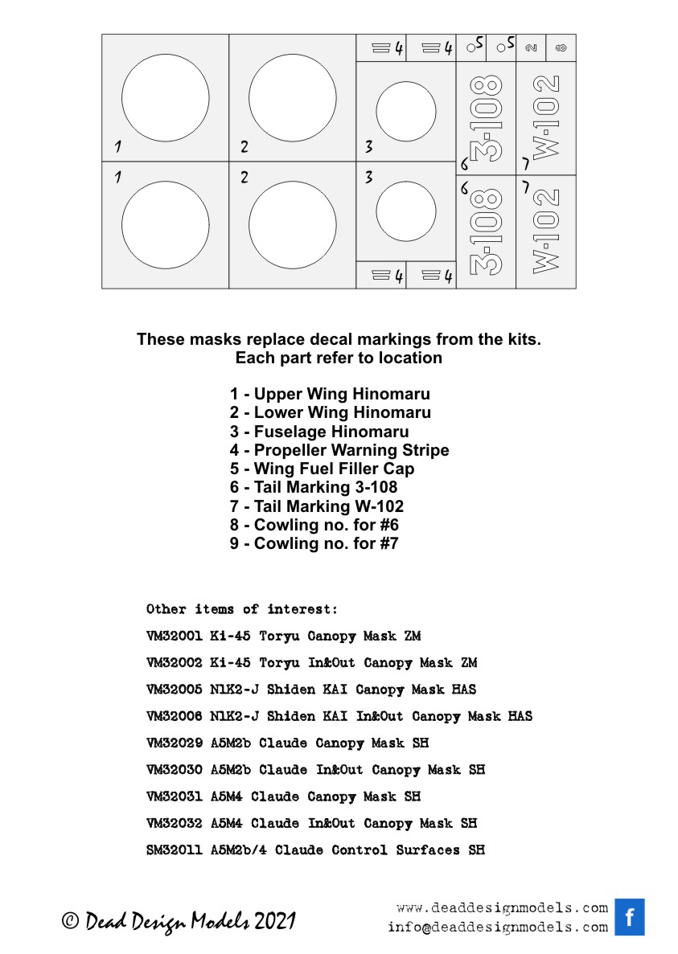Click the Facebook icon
(630, 917)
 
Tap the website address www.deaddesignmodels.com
(502, 908)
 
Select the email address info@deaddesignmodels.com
(497, 927)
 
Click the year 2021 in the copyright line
(275, 922)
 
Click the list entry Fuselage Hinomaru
(319, 432)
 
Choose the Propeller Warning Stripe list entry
(339, 450)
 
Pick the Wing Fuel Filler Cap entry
(323, 469)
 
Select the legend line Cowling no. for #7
(314, 543)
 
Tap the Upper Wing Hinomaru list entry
(330, 394)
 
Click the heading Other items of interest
(242, 609)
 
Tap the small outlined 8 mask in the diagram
(561, 48)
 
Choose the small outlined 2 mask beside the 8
(531, 48)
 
